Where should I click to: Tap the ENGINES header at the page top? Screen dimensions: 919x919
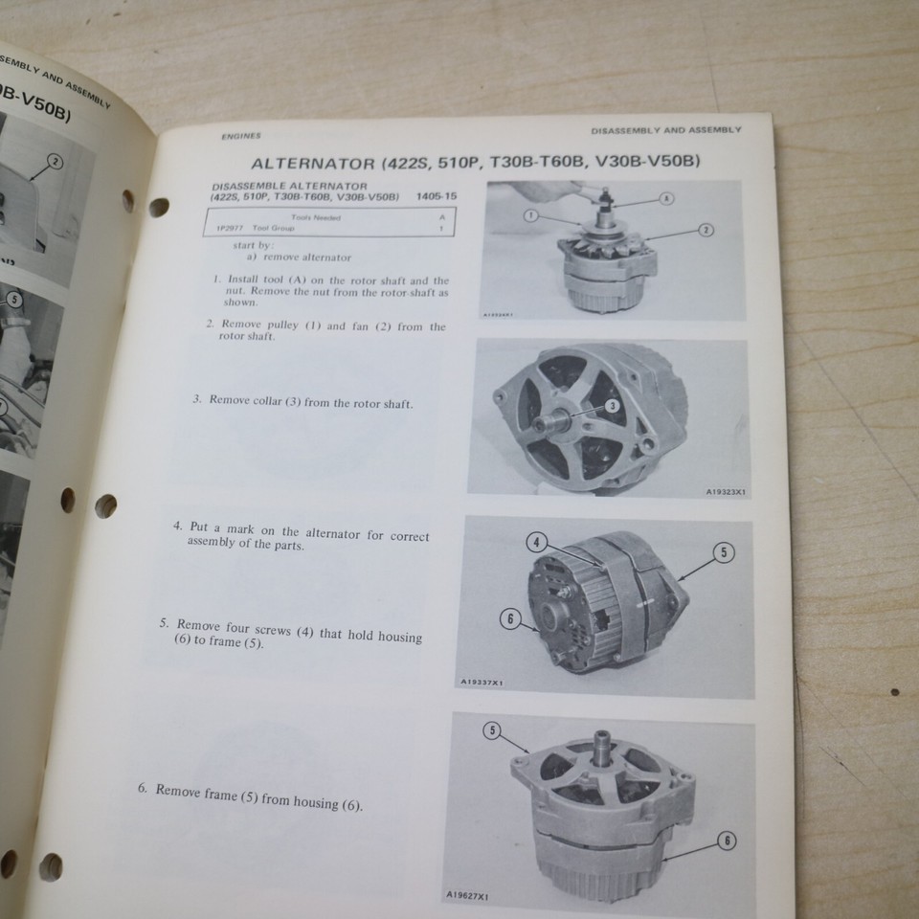240,136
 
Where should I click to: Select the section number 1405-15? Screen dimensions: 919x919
437,196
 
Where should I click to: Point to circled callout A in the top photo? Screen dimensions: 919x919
666,198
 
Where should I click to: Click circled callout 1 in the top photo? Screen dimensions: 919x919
530,216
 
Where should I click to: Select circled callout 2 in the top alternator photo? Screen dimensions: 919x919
706,230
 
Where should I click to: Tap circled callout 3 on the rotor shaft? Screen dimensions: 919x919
613,406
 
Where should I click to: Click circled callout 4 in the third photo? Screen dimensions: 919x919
537,543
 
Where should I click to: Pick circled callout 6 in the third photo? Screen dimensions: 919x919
511,619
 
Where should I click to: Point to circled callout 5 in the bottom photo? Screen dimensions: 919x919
492,731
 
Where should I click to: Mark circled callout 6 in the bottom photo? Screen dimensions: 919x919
727,841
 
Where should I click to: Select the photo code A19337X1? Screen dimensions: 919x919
482,683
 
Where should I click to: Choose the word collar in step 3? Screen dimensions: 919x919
281,401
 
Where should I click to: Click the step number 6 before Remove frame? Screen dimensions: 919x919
142,789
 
